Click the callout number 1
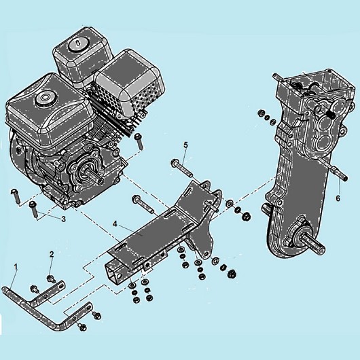[x=16, y=267]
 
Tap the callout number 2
[x=52, y=254]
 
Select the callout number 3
[x=63, y=219]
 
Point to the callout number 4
[x=115, y=223]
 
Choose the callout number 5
[x=185, y=145]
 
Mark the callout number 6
[x=338, y=198]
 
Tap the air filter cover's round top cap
[x=78, y=44]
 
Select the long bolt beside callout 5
[x=182, y=168]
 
